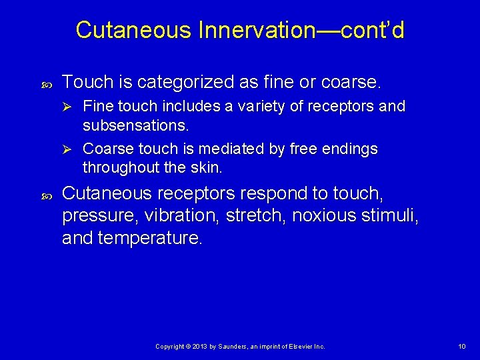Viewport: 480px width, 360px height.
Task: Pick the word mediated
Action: tap(234, 149)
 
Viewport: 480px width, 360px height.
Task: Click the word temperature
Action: tap(149, 238)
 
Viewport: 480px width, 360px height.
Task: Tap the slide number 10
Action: tap(462, 346)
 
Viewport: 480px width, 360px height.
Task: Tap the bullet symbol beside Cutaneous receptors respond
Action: tap(45, 194)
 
